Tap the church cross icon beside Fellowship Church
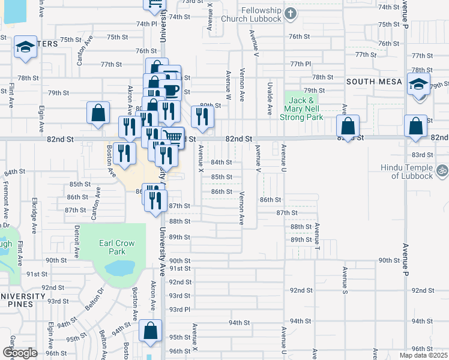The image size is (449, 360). (290, 13)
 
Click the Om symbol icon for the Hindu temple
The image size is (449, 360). (442, 172)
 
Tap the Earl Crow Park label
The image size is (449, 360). (113, 247)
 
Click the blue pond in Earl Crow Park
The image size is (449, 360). (123, 268)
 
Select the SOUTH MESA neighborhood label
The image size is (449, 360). (368, 80)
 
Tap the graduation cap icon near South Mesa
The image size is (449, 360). (418, 83)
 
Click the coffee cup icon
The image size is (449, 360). (172, 91)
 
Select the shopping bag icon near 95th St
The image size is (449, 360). (150, 330)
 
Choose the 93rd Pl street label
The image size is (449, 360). (179, 309)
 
